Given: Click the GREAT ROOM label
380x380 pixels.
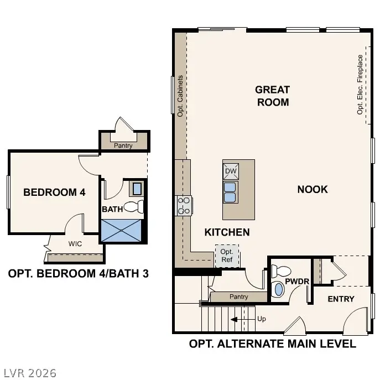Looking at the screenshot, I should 272,96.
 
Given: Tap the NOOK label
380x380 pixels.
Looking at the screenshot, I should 313,189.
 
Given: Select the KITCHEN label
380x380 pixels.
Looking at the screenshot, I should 227,232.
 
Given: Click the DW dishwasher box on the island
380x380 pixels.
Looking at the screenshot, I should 231,171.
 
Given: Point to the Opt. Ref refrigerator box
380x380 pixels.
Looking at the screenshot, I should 227,256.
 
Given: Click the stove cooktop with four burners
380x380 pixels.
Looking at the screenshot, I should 184,206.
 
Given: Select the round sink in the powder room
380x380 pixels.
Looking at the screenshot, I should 277,290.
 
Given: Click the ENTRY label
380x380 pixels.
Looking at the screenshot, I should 341,299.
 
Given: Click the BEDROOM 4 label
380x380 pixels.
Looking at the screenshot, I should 54,192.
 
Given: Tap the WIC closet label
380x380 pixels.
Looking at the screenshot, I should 76,243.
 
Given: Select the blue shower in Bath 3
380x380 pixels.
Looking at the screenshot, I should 123,230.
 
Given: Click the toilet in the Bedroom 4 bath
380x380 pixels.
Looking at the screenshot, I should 134,207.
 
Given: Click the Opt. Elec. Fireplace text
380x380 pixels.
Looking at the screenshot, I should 360,84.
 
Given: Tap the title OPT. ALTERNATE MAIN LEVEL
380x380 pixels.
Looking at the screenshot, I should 272,344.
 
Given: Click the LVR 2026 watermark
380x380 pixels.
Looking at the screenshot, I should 29,373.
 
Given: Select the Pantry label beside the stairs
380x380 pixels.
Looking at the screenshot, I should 239,297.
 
